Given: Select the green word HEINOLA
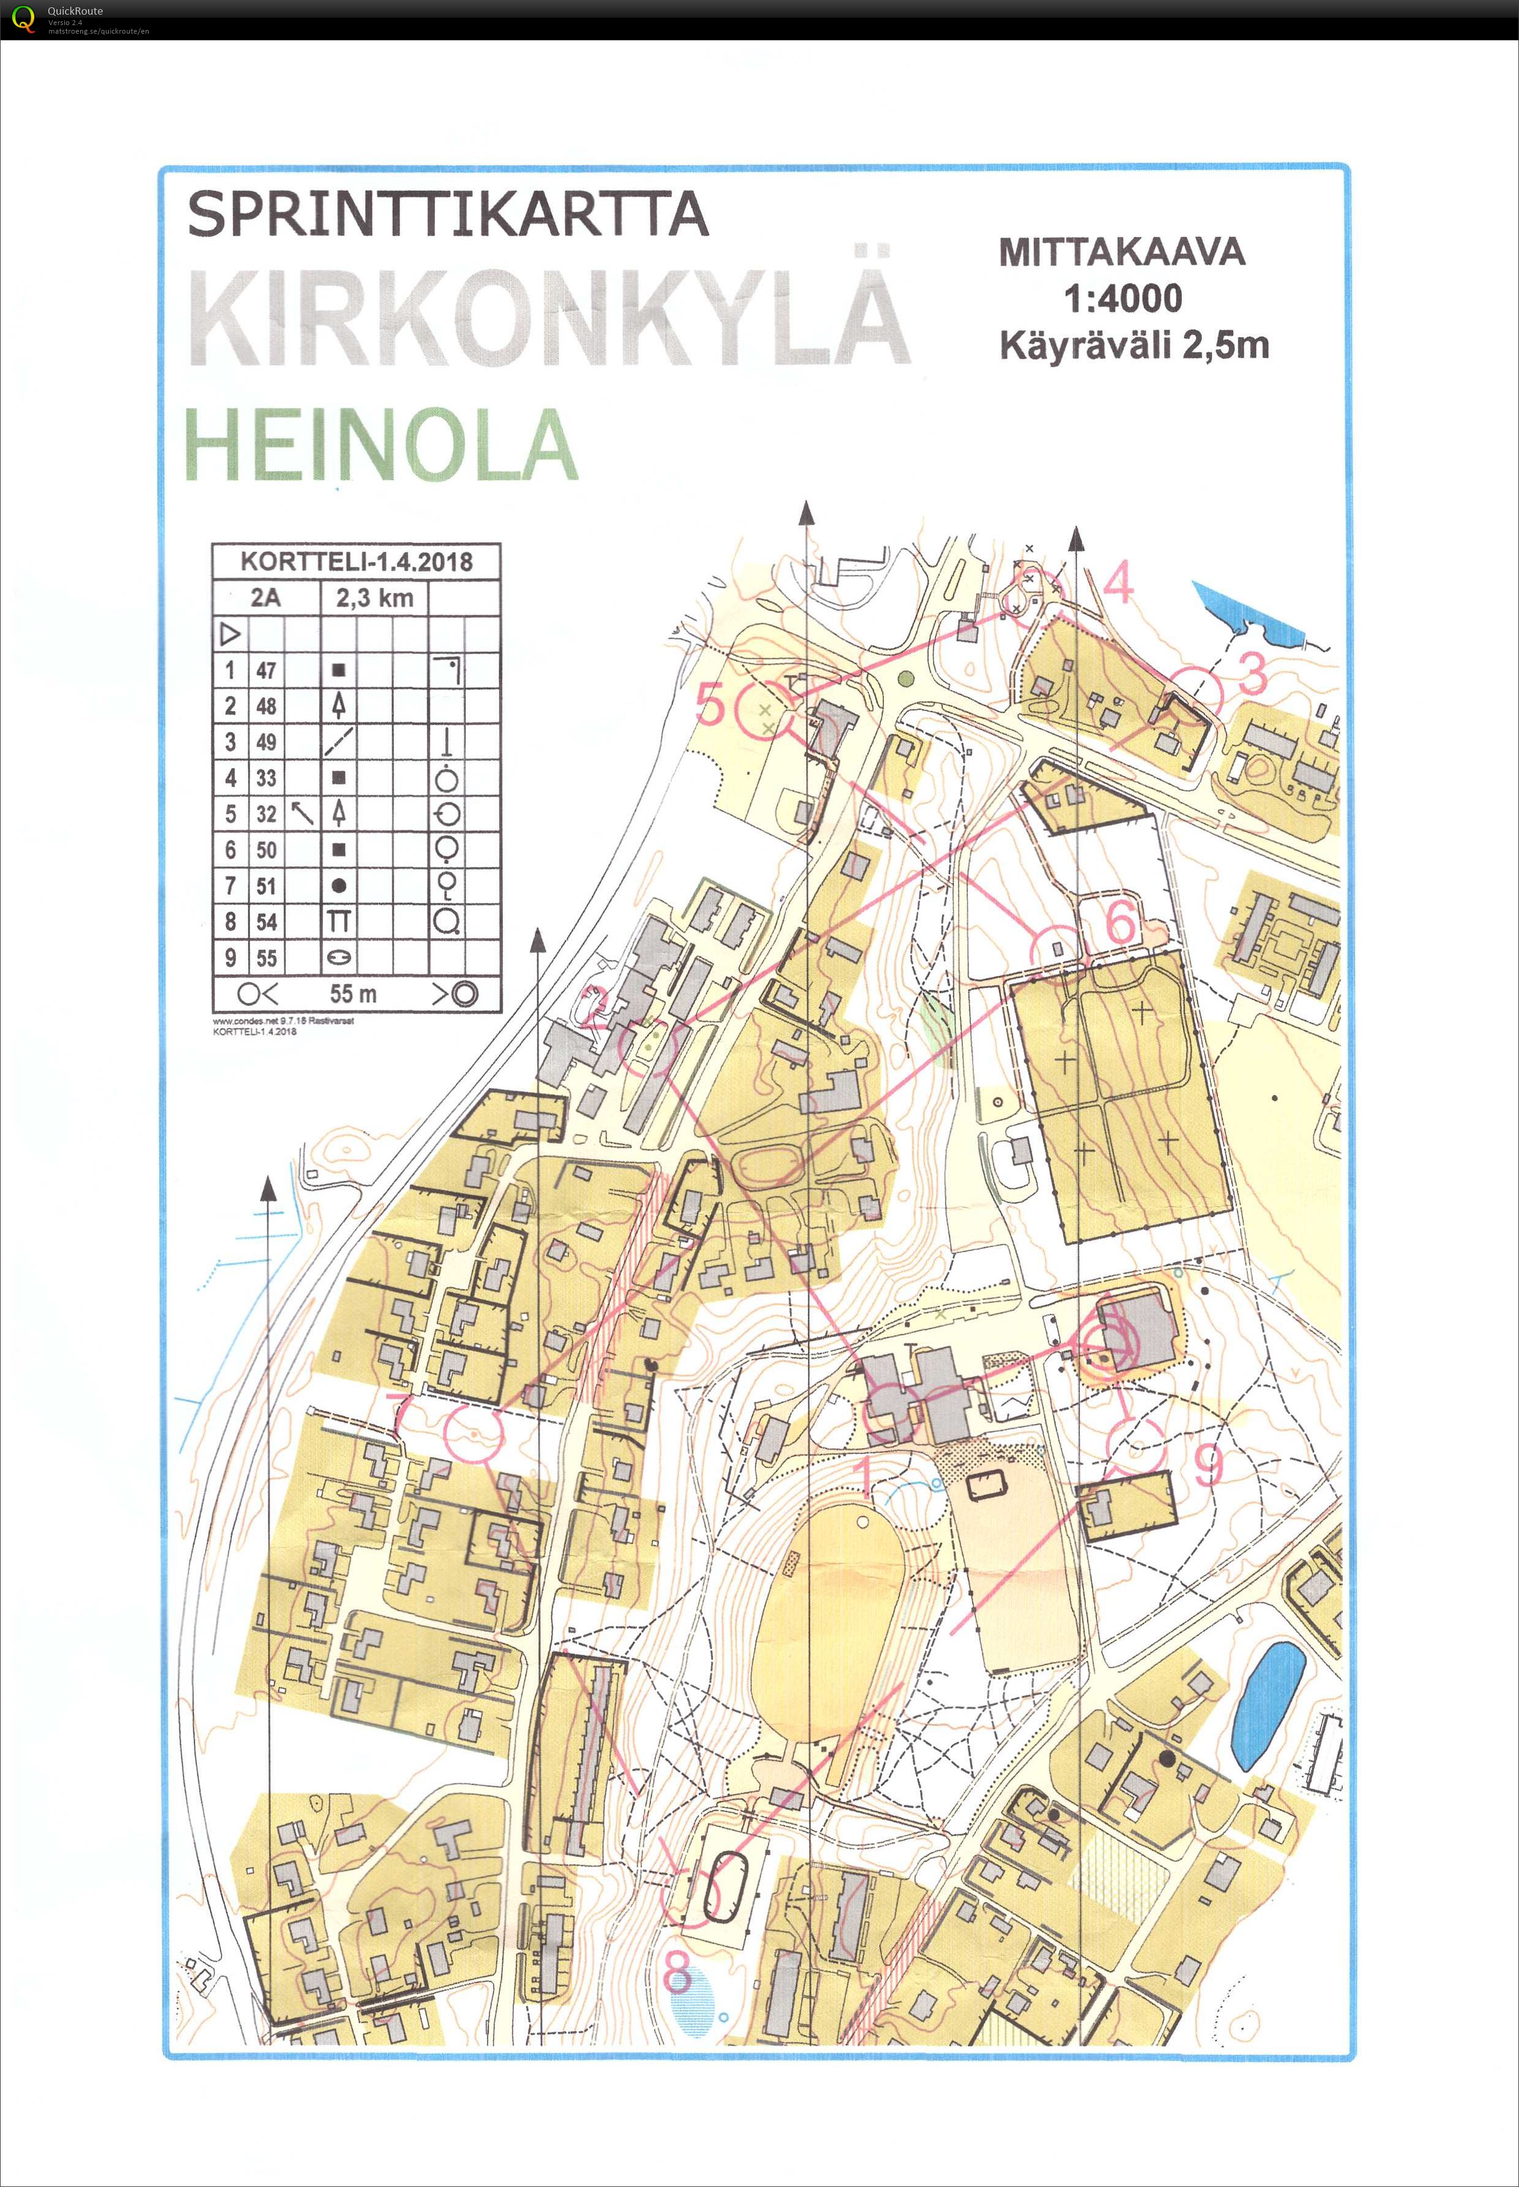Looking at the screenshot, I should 381,445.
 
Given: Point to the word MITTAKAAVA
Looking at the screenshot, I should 1121,252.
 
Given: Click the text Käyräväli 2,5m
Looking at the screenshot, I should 1134,345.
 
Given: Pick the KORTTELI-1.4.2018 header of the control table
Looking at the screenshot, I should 356,561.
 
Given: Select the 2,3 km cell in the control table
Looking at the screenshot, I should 374,598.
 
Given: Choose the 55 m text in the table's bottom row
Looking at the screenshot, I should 353,994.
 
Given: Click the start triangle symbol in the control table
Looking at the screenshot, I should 229,633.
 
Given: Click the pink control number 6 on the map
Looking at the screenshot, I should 1121,922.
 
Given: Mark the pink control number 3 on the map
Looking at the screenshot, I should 1252,673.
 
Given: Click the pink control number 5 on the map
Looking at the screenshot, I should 710,704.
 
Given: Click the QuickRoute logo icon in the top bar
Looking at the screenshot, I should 23,18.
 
